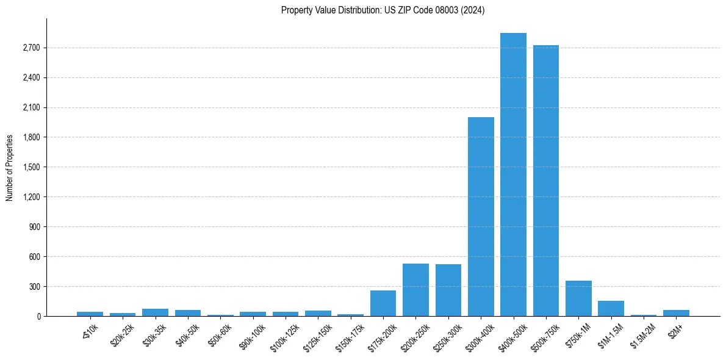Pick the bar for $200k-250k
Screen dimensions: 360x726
pos(415,290)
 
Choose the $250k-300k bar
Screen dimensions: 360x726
pos(448,290)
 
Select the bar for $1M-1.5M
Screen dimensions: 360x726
pos(611,309)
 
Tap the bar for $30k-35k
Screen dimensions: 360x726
pos(155,312)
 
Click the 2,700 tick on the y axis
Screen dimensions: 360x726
pos(31,48)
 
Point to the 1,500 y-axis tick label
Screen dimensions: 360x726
pos(31,167)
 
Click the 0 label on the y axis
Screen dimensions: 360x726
pos(38,317)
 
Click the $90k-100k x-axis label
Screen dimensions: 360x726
pos(251,334)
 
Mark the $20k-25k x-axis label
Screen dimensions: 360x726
pos(121,333)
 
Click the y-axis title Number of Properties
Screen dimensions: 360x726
pos(10,168)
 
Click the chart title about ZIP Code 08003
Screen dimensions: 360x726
pos(383,10)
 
